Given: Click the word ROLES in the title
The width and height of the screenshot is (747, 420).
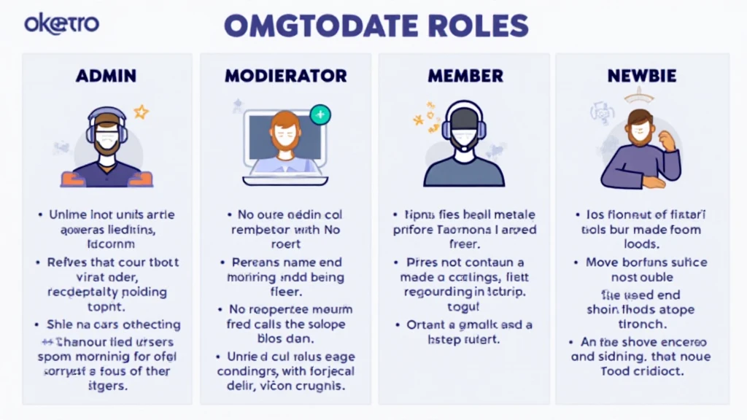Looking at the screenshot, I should (x=478, y=26).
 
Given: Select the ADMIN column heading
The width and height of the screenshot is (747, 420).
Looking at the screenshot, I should (x=107, y=76).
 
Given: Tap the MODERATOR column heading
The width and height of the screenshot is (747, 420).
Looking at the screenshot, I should (x=285, y=76).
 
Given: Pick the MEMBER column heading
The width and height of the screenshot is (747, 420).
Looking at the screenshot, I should (x=465, y=76).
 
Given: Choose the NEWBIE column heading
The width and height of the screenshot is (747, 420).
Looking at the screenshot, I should (x=642, y=76).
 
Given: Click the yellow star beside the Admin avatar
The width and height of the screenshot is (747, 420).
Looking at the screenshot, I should (x=141, y=113).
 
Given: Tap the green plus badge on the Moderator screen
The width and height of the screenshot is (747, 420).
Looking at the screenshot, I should (x=320, y=114).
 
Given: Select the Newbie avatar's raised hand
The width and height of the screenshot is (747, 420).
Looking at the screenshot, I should (x=666, y=139).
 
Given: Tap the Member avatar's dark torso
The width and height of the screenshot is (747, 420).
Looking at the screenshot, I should (x=464, y=173).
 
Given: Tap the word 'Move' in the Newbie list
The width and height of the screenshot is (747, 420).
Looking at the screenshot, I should (x=603, y=262).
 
